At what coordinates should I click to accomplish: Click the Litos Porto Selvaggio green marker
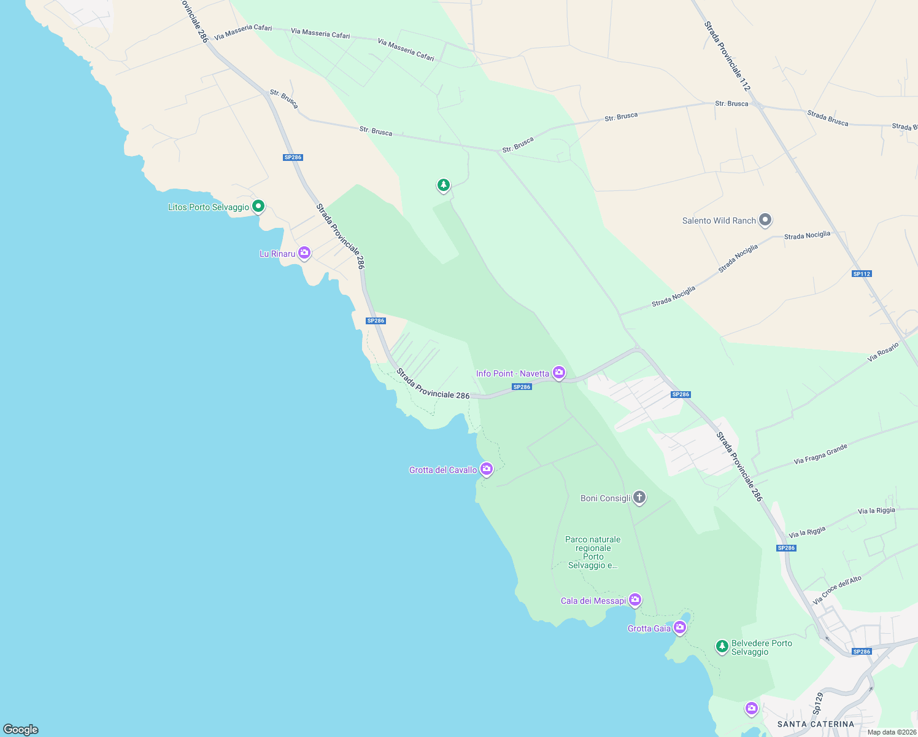pos(258,206)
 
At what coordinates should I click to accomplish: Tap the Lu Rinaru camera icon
pos(304,253)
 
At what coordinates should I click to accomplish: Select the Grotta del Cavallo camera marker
pos(487,469)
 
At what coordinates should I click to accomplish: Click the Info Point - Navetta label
pos(512,373)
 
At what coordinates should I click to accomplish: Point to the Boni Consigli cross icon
pos(639,497)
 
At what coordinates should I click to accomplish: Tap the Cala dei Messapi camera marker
pos(635,599)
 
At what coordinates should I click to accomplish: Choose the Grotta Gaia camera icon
pos(679,628)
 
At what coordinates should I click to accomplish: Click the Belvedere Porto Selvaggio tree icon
pos(722,646)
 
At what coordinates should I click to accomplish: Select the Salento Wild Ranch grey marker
pos(765,219)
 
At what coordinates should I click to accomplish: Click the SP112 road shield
pos(862,274)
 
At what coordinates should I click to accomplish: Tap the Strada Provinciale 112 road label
pos(727,57)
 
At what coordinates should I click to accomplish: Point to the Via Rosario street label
pos(883,352)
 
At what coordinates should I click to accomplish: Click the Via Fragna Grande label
pos(820,454)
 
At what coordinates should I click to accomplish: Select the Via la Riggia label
pos(876,511)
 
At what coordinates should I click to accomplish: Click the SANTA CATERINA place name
pos(816,724)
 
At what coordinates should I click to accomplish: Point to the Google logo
pos(21,729)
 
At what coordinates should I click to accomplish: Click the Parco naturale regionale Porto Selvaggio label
pos(593,552)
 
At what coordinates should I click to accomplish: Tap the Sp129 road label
pos(818,704)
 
